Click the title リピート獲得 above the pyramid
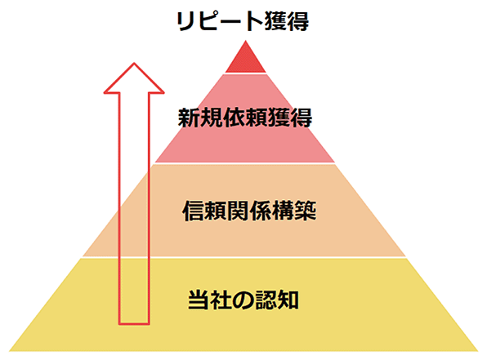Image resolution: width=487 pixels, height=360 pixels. (243, 21)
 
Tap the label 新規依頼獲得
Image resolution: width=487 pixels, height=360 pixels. (245, 118)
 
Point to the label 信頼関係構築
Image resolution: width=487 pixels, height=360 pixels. (249, 211)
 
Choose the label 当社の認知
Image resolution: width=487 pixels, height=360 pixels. (243, 300)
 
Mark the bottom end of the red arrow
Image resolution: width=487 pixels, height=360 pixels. (134, 324)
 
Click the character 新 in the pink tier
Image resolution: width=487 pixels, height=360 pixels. (189, 118)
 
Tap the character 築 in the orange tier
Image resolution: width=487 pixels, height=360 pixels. (306, 211)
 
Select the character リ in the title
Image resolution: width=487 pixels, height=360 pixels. (185, 21)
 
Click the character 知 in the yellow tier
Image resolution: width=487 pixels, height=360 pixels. (288, 300)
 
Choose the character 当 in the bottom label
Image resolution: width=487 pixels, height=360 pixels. (199, 300)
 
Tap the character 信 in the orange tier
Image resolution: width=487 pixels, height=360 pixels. (193, 211)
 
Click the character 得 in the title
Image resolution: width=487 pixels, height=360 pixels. (298, 21)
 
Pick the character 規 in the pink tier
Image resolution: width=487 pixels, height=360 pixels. (211, 118)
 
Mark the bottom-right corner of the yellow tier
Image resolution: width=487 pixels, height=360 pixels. (478, 351)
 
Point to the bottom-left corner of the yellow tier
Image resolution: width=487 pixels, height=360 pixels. (9, 351)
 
